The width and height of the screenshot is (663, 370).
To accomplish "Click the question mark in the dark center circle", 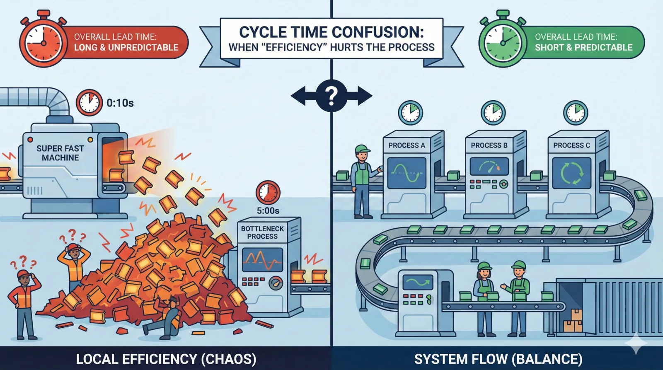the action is [331, 96].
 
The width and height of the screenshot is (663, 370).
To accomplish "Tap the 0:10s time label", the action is [120, 103].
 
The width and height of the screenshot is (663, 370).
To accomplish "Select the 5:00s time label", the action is [268, 211].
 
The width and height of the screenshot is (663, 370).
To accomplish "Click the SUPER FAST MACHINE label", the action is [60, 153].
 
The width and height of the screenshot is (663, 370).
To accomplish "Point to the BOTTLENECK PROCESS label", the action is [262, 232].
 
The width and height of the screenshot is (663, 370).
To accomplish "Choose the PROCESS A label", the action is [407, 145].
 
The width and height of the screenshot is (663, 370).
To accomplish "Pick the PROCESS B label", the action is [489, 145].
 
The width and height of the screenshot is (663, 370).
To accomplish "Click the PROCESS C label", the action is [571, 145].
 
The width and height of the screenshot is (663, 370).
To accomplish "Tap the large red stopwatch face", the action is [43, 43].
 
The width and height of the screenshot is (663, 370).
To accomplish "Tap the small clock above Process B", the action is [493, 113].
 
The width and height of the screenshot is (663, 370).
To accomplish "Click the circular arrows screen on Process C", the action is [571, 173].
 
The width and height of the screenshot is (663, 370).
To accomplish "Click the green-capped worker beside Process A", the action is [363, 181].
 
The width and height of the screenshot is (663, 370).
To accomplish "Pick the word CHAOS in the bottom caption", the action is [228, 359].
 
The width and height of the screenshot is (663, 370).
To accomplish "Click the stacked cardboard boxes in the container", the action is [573, 321].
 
